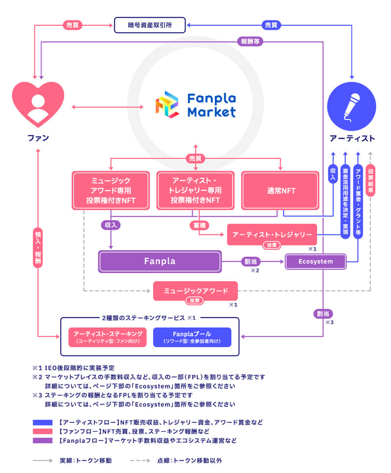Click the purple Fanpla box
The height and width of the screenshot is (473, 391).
[x=159, y=261]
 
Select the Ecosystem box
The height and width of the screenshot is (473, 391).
[x=315, y=262]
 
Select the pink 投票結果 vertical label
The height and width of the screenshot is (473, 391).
[x=370, y=181]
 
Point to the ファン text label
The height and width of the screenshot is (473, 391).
[x=38, y=138]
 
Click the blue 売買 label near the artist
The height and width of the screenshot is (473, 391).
[x=270, y=24]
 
